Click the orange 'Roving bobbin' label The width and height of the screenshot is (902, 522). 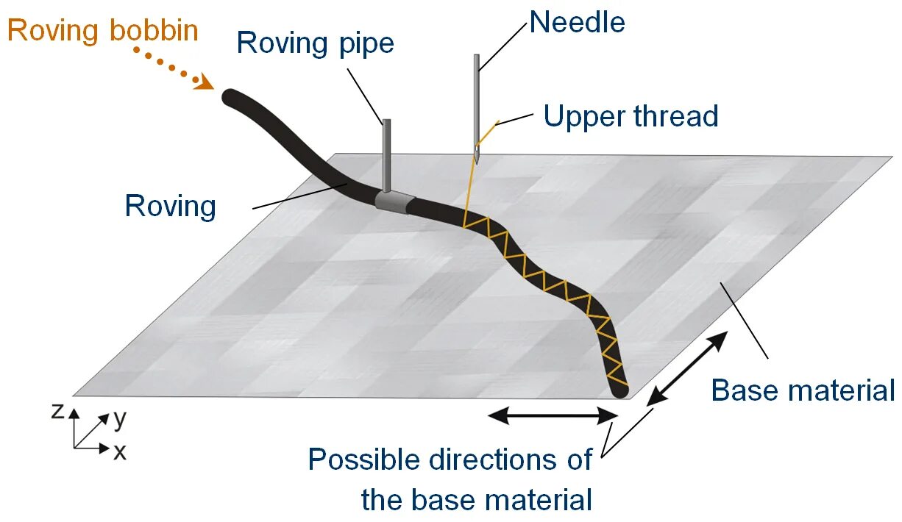(x=103, y=31)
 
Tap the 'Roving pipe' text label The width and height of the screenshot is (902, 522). (x=315, y=43)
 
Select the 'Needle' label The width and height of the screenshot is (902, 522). (x=577, y=22)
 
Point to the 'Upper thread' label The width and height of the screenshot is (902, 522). (x=631, y=116)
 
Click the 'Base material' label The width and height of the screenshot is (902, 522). (x=803, y=390)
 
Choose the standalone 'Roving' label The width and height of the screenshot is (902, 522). (x=171, y=206)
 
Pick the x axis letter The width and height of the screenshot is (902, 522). (x=119, y=451)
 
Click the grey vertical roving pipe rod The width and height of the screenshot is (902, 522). (x=386, y=154)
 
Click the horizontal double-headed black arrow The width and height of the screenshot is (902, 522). (x=553, y=416)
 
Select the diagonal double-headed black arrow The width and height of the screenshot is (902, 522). (x=688, y=368)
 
